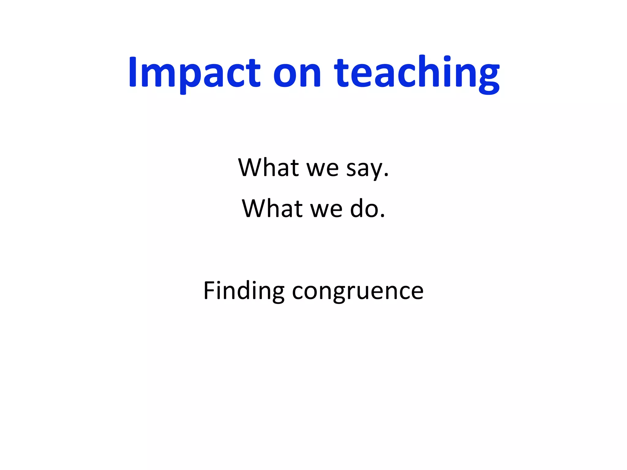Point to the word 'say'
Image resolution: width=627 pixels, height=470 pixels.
tap(364, 169)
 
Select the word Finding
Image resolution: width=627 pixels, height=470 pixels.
tap(244, 290)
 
